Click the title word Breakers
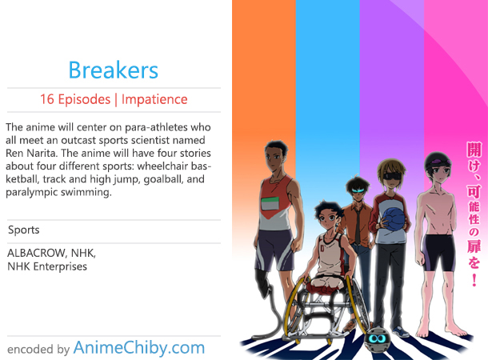click(114, 70)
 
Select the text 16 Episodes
click(75, 99)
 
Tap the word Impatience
click(154, 99)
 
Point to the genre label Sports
click(24, 230)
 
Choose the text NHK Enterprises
click(47, 266)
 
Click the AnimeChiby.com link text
click(139, 347)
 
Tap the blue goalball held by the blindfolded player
click(394, 219)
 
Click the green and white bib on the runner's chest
click(270, 204)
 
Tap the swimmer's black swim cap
click(437, 160)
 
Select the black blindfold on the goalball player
click(391, 176)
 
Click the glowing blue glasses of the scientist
click(358, 190)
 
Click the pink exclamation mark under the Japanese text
click(474, 280)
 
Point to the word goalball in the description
click(163, 179)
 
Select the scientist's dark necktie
click(358, 225)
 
